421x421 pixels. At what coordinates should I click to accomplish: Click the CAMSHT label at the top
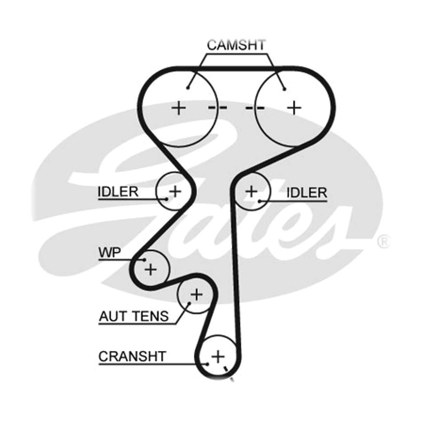(236, 45)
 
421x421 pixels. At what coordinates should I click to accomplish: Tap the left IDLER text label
(118, 192)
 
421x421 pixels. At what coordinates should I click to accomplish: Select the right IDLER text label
(307, 193)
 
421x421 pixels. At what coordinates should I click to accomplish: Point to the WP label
(110, 252)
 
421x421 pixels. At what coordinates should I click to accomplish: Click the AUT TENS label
(134, 316)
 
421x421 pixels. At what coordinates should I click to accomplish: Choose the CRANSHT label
(132, 356)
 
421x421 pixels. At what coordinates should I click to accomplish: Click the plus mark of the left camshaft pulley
(179, 108)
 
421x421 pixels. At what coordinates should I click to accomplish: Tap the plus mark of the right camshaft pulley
(294, 108)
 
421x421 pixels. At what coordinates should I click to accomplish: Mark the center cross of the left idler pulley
(175, 192)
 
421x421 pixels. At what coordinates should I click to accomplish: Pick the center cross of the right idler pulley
(252, 192)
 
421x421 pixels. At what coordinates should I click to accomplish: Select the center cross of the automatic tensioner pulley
(196, 295)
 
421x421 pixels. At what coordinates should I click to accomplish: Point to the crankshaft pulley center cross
(218, 357)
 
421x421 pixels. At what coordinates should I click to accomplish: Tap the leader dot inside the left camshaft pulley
(187, 88)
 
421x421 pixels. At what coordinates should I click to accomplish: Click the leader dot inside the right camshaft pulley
(284, 89)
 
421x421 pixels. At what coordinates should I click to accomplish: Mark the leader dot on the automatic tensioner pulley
(189, 303)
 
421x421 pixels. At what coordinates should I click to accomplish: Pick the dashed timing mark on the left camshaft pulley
(218, 107)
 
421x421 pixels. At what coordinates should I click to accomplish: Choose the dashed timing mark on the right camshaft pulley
(255, 108)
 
